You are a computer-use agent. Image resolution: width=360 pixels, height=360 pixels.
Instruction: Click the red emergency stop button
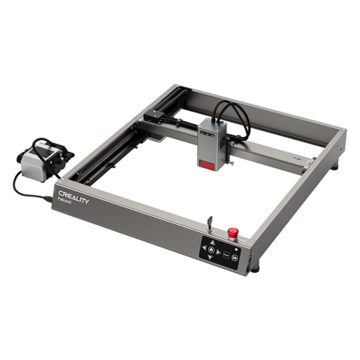tap(233, 233)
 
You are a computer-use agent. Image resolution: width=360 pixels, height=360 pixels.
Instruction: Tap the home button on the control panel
tap(211, 250)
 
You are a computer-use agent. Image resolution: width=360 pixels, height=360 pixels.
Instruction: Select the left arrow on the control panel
tap(204, 248)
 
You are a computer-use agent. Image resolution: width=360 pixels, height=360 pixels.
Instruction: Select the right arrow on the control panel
tap(218, 252)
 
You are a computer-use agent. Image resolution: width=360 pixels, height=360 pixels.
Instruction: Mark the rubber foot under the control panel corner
tap(254, 269)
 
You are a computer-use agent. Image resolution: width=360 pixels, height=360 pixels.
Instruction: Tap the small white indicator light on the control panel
tap(236, 249)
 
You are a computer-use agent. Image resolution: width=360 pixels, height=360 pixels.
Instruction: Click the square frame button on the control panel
tap(225, 255)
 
